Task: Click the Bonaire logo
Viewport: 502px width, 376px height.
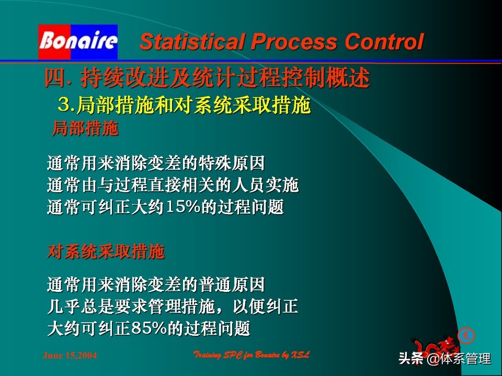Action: coord(77,41)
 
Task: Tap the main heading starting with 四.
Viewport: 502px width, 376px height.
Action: coord(207,79)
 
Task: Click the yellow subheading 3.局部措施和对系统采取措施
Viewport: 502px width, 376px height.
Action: coord(184,106)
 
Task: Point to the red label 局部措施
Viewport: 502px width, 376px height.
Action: coord(85,128)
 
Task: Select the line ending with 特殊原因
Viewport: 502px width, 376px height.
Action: coord(156,163)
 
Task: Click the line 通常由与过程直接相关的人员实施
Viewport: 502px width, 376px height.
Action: coord(173,185)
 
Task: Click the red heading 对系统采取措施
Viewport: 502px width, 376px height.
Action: coord(106,252)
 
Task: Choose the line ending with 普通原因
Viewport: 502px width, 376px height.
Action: coord(156,285)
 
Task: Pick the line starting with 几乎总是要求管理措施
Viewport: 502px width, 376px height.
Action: coord(173,307)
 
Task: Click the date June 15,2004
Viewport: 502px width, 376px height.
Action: coord(70,356)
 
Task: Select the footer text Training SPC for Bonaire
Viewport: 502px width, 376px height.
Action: coord(252,355)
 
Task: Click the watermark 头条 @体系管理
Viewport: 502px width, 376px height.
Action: coord(444,359)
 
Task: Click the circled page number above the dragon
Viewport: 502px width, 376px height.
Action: coord(465,335)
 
